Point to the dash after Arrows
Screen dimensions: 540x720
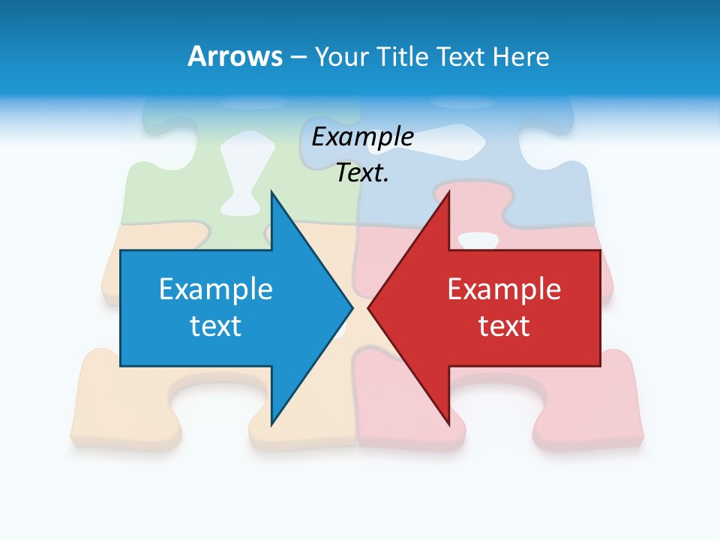pos(297,57)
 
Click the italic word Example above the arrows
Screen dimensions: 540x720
pos(362,136)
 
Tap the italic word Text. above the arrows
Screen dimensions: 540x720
pos(362,172)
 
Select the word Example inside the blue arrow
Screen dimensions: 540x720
pos(215,289)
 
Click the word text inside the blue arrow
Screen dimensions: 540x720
pos(215,325)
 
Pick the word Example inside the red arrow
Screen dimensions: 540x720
pos(504,289)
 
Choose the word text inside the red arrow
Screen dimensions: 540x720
pos(504,325)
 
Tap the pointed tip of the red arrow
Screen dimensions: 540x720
pos(370,307)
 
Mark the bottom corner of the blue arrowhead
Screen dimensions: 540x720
pos(271,423)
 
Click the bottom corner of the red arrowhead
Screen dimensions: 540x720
pos(448,423)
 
